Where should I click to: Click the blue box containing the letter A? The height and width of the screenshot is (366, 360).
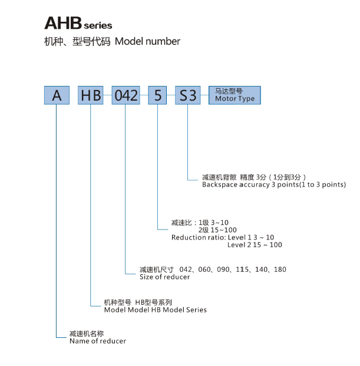[57, 95]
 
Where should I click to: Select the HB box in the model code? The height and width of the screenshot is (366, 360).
[91, 95]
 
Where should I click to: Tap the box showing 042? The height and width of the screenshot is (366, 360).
[125, 95]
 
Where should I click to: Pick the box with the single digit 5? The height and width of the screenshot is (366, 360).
[157, 95]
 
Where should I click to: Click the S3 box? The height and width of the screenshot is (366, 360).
[188, 95]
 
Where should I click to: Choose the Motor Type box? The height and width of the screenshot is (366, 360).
[235, 95]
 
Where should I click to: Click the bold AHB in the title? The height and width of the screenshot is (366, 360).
[63, 23]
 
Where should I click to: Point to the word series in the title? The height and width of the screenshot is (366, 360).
[98, 25]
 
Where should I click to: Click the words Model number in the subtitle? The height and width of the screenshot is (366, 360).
[147, 42]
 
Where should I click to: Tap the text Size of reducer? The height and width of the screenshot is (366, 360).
[165, 277]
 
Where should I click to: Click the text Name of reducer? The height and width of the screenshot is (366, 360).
[98, 341]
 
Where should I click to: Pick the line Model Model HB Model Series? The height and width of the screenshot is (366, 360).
[156, 310]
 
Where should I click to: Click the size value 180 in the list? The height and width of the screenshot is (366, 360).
[280, 269]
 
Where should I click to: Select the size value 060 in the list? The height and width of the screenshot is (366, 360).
[204, 269]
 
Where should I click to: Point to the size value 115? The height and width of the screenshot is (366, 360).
[242, 269]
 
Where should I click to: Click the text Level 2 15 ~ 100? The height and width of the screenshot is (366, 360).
[255, 245]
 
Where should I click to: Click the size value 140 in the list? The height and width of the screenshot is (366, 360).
[262, 269]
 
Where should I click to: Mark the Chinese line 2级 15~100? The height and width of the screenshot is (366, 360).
[217, 230]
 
